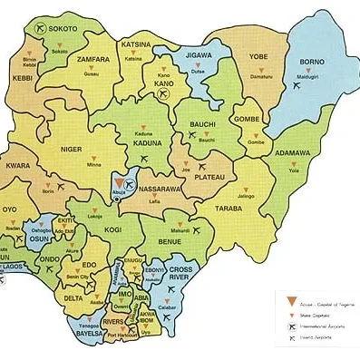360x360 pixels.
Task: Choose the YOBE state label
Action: (x=259, y=54)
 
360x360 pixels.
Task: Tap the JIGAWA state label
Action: (x=198, y=56)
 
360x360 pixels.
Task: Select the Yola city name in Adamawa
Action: (x=294, y=170)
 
